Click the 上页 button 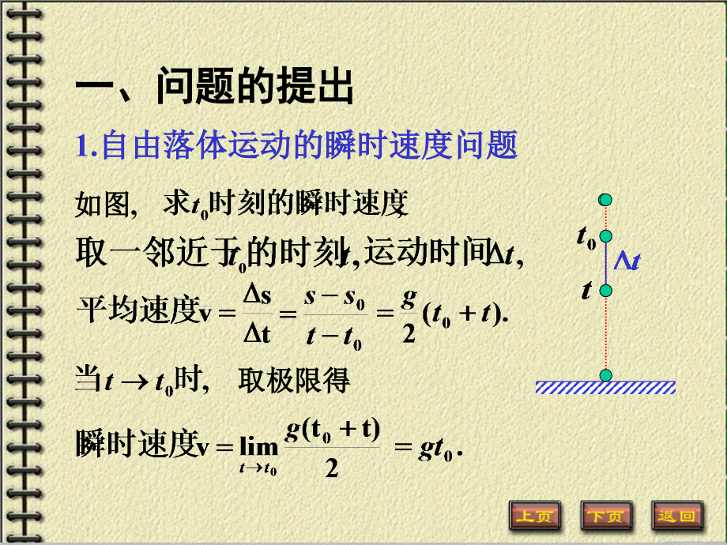point(535,516)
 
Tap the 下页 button point(606,516)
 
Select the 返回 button point(677,516)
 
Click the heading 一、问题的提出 point(214,88)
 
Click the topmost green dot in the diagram point(606,199)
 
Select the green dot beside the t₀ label point(606,235)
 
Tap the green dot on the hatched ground point(606,375)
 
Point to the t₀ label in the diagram point(586,236)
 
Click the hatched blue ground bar point(605,387)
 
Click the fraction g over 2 point(408,314)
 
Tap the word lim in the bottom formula point(258,448)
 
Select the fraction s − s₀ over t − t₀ point(332,314)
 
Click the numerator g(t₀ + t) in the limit point(332,430)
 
